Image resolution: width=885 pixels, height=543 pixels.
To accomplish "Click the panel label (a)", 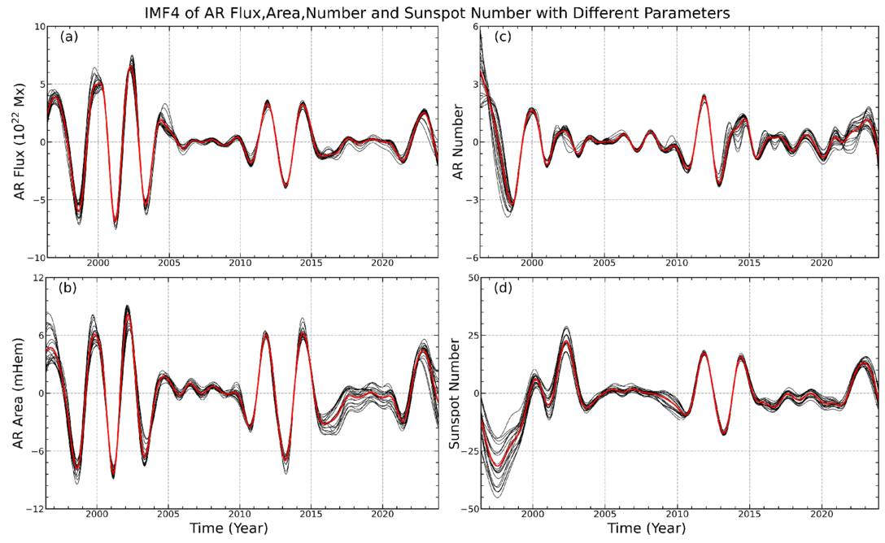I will pyautogui.click(x=68, y=37).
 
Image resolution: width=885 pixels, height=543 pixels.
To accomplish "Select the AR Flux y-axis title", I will pyautogui.click(x=16, y=141).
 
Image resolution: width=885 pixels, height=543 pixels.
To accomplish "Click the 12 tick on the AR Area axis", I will pyautogui.click(x=36, y=278).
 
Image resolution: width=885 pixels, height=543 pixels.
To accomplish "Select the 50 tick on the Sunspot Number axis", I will pyautogui.click(x=469, y=278).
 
